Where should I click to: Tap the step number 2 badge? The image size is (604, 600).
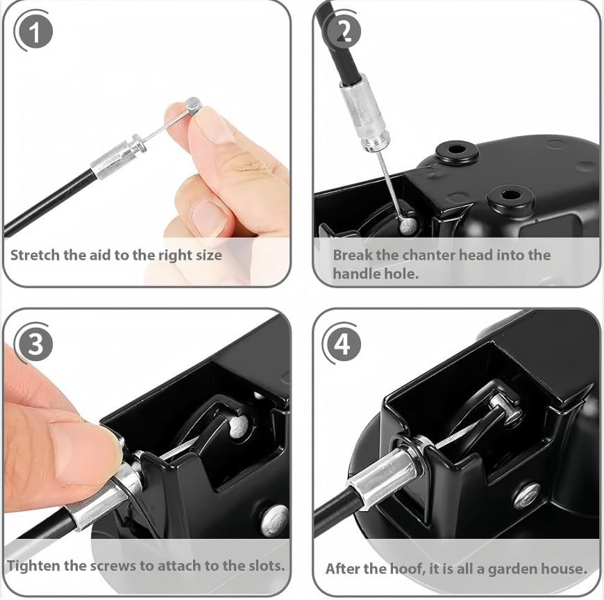(x=342, y=31)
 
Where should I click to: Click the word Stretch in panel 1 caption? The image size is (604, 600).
(x=35, y=255)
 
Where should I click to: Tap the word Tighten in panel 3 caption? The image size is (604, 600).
(x=33, y=565)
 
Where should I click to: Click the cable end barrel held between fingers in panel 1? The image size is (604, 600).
(x=193, y=106)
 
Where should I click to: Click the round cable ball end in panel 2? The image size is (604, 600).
(x=407, y=224)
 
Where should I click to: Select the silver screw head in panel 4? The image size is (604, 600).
(x=527, y=495)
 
